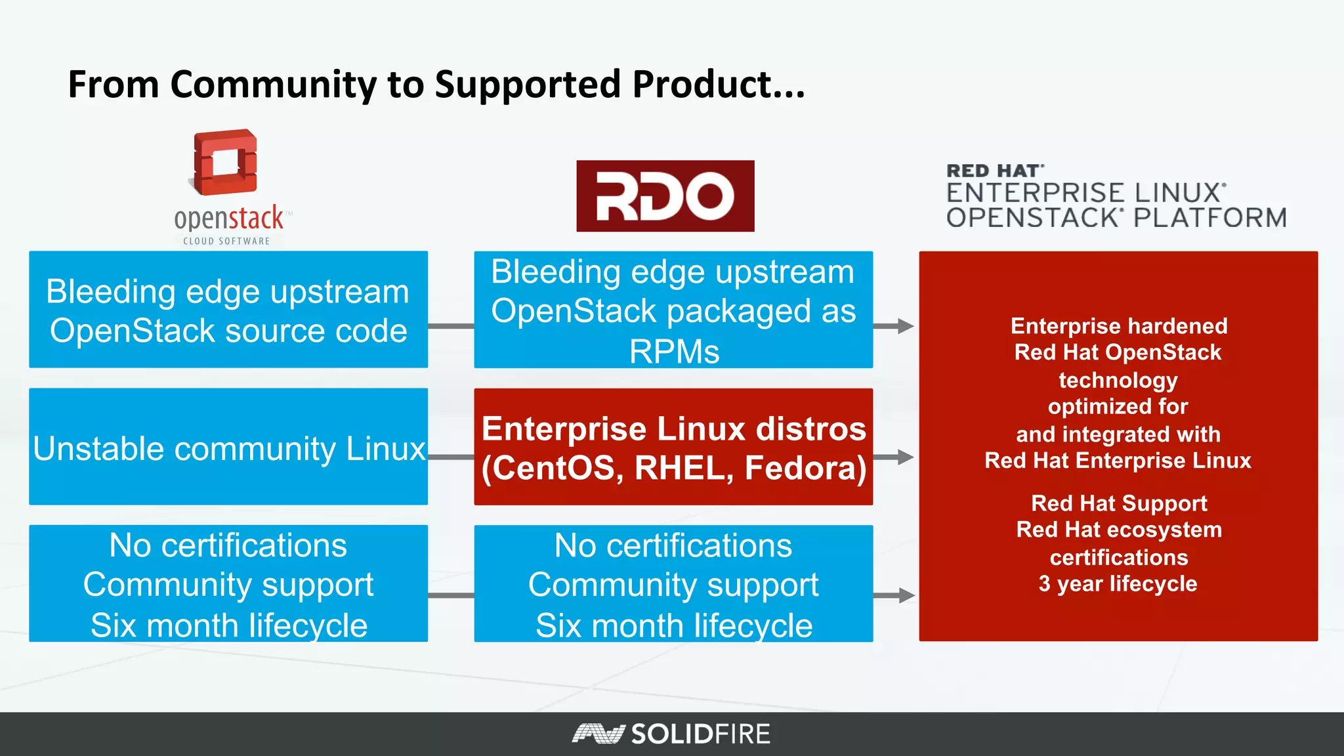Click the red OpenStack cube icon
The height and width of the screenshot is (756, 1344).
[225, 162]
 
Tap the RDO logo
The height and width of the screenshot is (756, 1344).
[665, 196]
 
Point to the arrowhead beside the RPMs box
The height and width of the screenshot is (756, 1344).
[906, 326]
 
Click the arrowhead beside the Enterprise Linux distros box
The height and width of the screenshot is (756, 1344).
[906, 457]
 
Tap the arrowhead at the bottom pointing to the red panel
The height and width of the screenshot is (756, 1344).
[906, 596]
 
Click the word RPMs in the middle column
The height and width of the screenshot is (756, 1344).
[674, 352]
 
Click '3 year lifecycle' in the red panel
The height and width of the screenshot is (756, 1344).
[1118, 584]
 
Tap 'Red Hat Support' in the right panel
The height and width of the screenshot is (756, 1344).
[1119, 503]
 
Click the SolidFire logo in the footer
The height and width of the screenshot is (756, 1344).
[671, 734]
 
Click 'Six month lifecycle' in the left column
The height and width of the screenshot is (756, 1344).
[229, 625]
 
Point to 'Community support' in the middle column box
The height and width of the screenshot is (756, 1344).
[673, 585]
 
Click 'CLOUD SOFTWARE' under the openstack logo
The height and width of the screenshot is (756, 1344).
[226, 241]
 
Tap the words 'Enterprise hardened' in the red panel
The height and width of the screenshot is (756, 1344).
[1119, 326]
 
